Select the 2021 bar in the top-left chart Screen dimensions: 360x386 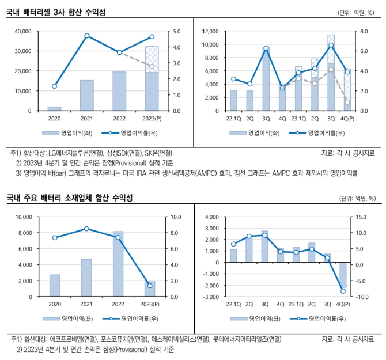87,95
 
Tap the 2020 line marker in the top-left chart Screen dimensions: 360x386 54,86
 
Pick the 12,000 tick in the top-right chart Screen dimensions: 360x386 210,31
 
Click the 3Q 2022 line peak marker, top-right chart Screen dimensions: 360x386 266,48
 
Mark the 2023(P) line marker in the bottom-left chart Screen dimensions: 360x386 150,286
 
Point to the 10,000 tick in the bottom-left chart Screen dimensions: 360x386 22,217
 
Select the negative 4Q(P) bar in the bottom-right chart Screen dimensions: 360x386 343,275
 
